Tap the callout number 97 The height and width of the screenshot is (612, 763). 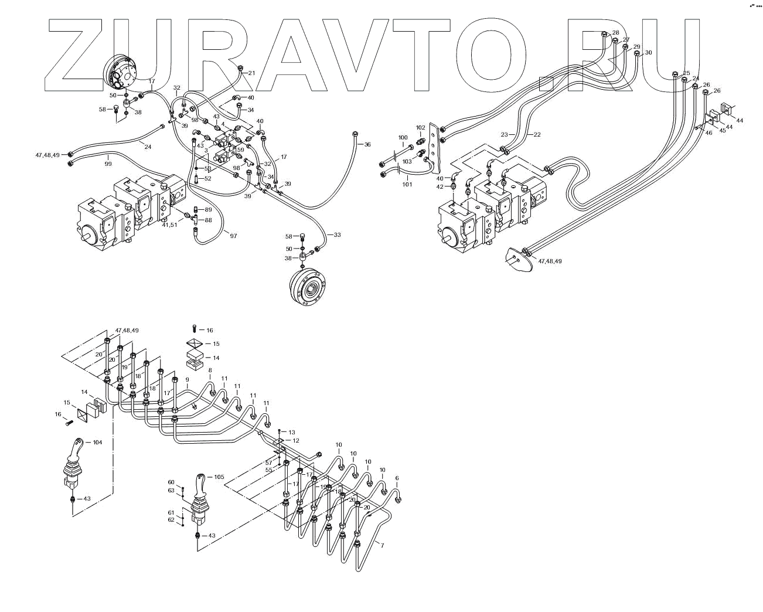233,236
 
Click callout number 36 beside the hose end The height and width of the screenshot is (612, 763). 367,144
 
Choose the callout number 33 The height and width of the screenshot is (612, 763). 337,234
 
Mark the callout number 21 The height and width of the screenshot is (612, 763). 252,73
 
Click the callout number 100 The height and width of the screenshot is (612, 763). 403,138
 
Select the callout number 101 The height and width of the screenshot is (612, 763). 407,185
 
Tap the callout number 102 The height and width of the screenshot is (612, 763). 421,127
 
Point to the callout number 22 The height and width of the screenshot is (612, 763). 537,135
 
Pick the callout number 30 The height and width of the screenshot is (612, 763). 648,53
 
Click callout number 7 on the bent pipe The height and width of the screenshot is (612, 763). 383,546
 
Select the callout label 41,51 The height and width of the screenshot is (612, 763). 169,225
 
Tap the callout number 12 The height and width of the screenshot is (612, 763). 296,440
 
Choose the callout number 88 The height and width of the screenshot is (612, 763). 208,220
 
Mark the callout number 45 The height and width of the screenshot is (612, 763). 723,130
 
